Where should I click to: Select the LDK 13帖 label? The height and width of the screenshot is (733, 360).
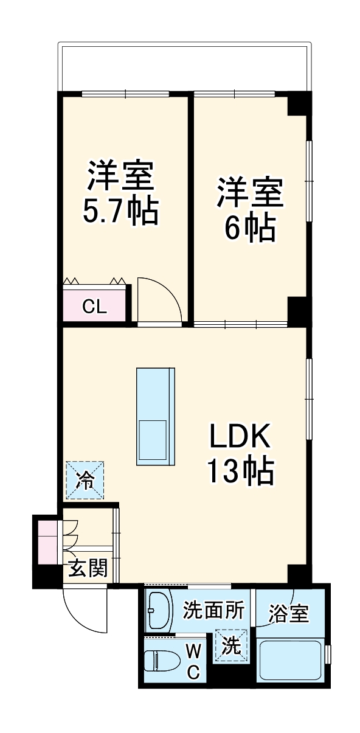[240, 453]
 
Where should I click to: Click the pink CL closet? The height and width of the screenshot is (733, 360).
[95, 306]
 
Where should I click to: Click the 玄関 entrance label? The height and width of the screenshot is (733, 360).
[88, 569]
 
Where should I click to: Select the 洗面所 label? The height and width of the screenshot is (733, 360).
[213, 611]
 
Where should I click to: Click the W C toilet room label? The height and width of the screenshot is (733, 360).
[193, 661]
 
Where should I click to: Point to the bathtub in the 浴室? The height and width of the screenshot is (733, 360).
[291, 659]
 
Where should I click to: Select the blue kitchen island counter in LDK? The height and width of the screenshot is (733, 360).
[156, 417]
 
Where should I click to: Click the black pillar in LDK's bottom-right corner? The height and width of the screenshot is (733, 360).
[298, 573]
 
